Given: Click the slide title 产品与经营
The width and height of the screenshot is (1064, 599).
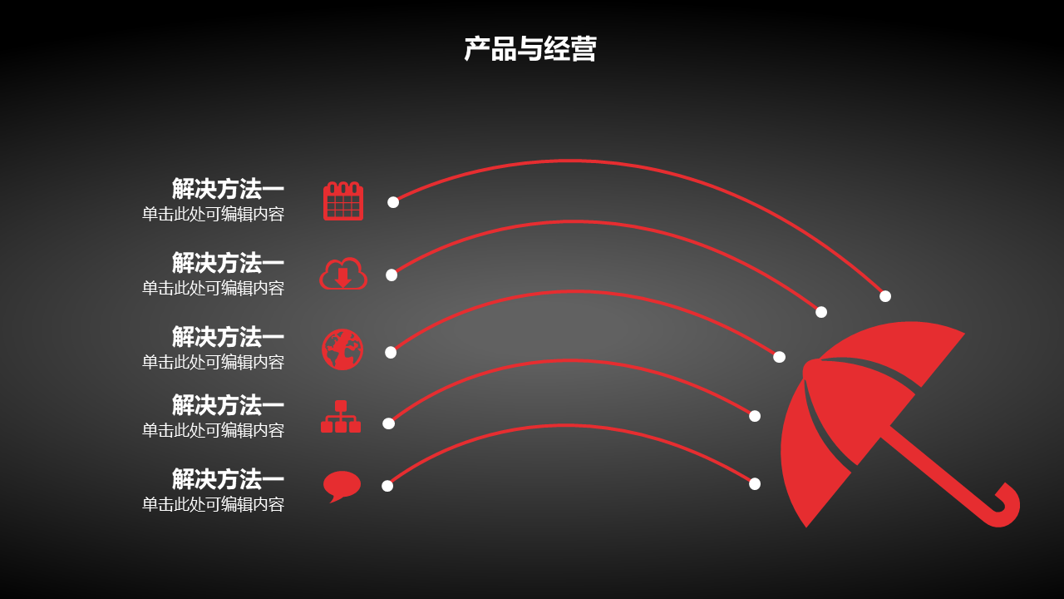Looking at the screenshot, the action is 530,48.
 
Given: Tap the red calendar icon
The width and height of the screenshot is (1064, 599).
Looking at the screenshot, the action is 343,200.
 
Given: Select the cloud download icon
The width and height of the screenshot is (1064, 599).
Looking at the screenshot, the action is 343,274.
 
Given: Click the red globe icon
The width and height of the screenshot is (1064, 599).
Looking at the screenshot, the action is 342,349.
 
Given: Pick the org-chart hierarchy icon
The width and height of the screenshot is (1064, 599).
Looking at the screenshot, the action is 341,417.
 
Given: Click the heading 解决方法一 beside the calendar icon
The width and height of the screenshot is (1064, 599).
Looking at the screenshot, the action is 228,189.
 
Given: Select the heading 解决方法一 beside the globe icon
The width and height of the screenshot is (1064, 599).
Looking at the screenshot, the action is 228,337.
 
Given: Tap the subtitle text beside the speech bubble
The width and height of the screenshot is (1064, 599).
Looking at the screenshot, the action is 214,504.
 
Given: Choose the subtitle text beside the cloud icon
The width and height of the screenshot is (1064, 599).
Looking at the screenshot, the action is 214,288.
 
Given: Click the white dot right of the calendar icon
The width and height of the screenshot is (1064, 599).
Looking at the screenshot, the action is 393,202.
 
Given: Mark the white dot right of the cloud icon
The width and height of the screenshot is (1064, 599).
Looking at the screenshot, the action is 392,275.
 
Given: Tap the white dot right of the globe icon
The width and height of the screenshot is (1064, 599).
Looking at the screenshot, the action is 391,352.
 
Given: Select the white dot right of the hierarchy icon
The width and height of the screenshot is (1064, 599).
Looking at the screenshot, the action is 388,423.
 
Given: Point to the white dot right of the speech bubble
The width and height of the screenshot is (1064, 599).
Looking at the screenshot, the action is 387,486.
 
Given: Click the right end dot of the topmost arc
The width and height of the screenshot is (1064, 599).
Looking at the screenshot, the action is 885,296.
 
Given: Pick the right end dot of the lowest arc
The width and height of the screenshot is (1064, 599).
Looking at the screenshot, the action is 755,484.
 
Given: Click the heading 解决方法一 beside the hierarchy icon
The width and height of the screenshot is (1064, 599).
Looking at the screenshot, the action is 228,405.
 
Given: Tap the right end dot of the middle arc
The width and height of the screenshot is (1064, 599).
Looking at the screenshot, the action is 779,357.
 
